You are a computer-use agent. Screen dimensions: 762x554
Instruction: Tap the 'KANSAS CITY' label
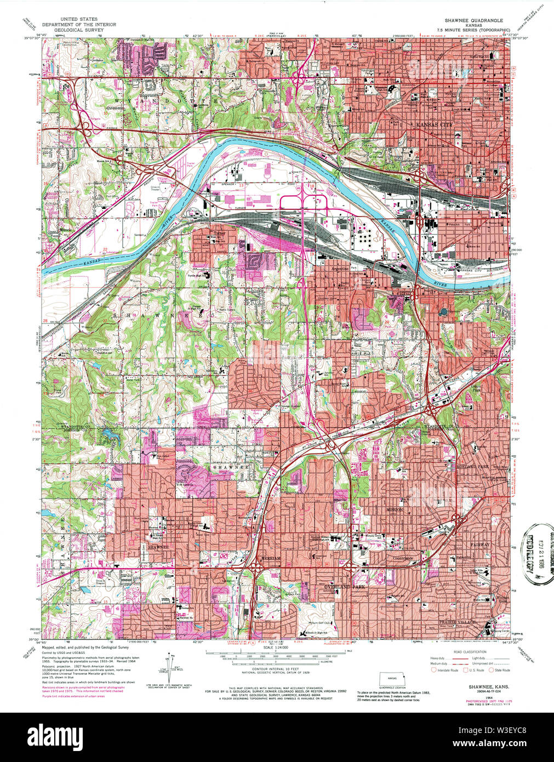[435, 125]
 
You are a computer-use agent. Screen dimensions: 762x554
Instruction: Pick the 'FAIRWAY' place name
[479, 544]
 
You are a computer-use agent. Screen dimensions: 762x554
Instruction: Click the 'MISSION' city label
[395, 510]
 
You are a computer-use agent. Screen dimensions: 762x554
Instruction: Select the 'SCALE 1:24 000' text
[275, 648]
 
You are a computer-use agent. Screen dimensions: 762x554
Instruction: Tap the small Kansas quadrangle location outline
[392, 680]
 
